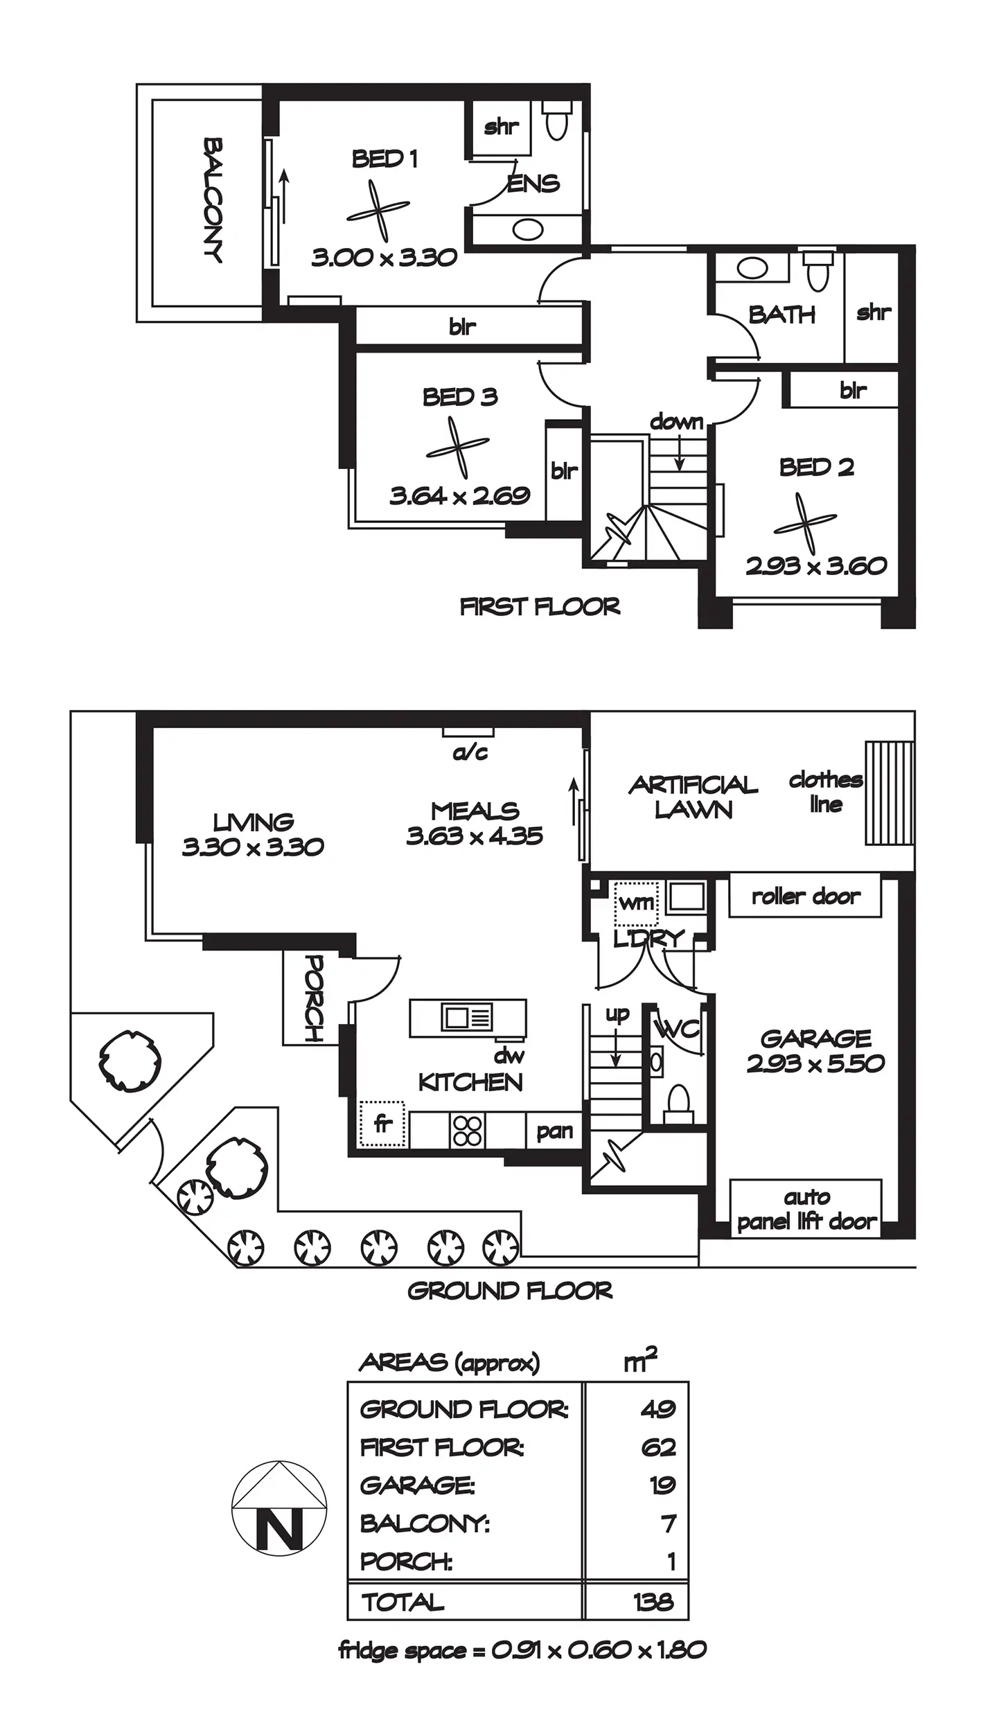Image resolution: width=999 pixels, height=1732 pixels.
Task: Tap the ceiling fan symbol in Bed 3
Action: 457,448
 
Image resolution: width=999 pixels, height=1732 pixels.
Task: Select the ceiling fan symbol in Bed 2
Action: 805,523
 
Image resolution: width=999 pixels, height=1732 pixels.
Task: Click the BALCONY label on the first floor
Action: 213,201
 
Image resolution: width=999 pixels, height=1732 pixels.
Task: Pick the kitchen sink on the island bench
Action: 467,1018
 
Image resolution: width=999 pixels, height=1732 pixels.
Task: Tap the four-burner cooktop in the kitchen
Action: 467,1131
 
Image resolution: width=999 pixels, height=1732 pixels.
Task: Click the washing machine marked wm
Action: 636,903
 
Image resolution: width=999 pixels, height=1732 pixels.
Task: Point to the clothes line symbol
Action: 888,793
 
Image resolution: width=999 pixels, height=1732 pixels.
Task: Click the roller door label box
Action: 805,896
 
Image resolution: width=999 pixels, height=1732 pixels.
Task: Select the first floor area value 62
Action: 657,1447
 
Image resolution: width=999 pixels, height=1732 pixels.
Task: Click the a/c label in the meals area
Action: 470,752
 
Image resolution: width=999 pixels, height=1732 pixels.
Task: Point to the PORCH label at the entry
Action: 313,998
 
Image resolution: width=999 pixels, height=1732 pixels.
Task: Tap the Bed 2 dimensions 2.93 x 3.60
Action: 816,566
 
